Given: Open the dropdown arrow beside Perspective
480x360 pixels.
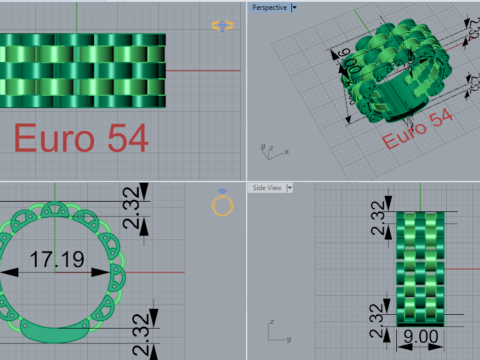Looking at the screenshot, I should (293, 7).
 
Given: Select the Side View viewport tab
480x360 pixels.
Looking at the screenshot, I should (266, 187).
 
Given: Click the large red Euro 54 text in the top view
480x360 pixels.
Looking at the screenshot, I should (81, 138).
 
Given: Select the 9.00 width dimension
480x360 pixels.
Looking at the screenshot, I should (420, 339).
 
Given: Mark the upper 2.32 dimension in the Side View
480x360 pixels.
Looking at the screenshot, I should (377, 213).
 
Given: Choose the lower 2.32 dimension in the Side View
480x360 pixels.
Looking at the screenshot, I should (377, 318).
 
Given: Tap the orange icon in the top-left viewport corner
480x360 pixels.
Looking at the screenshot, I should (222, 25).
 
